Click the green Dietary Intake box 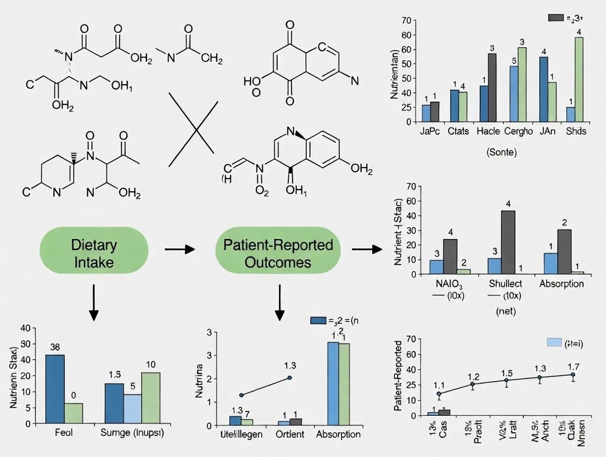94,253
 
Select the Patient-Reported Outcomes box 278,253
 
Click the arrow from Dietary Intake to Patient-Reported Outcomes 180,249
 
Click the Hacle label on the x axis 487,132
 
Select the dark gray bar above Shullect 508,242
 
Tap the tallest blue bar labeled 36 54,389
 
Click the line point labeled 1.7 573,375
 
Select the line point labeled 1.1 439,394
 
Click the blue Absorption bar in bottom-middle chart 333,383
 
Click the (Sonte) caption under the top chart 502,152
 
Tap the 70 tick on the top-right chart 407,21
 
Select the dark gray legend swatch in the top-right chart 555,18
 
